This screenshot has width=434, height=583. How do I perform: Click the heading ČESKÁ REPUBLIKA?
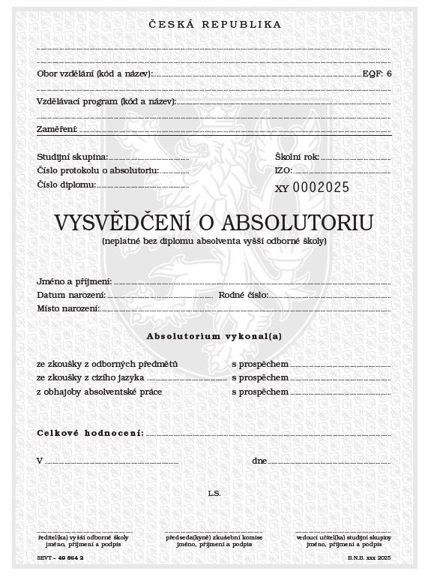point(216,24)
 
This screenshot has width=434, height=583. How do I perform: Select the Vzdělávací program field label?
point(106,101)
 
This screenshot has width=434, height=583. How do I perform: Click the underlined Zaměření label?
point(58,130)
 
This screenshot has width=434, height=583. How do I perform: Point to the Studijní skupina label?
point(72,157)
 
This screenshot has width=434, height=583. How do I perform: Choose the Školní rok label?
point(297,157)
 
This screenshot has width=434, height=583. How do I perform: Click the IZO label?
point(283,171)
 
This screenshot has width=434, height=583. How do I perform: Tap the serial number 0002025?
point(320,188)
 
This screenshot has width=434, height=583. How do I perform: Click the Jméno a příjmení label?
point(74,281)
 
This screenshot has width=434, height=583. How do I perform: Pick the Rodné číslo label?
point(243,296)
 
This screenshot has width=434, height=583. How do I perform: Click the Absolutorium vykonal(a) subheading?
point(214,337)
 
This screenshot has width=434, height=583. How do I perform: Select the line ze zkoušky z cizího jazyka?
point(91,377)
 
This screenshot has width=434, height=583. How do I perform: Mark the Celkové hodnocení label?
point(89,434)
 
